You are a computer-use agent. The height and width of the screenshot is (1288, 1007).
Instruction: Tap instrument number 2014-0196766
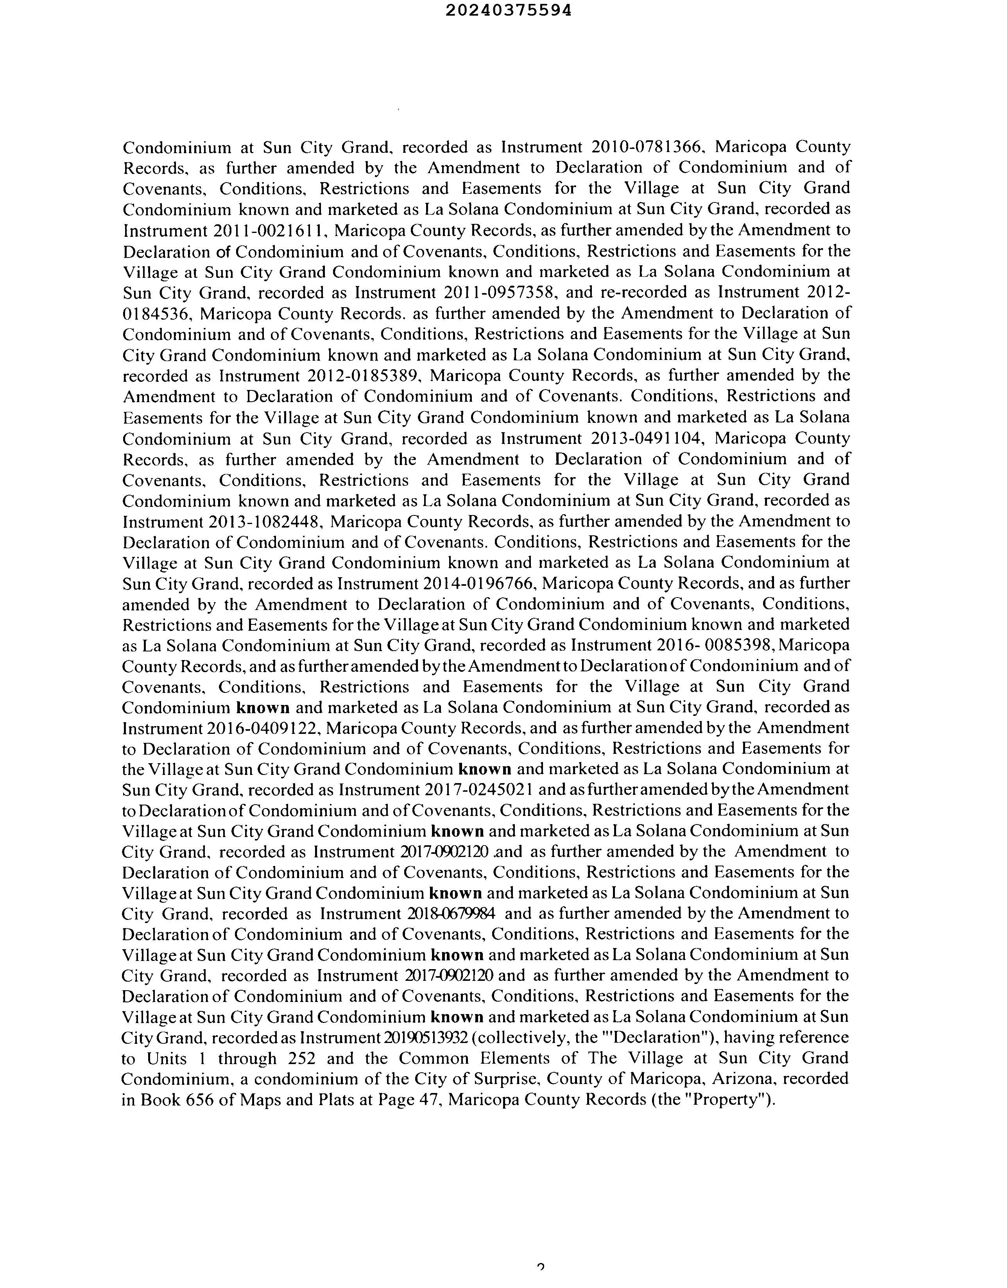coord(478,584)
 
